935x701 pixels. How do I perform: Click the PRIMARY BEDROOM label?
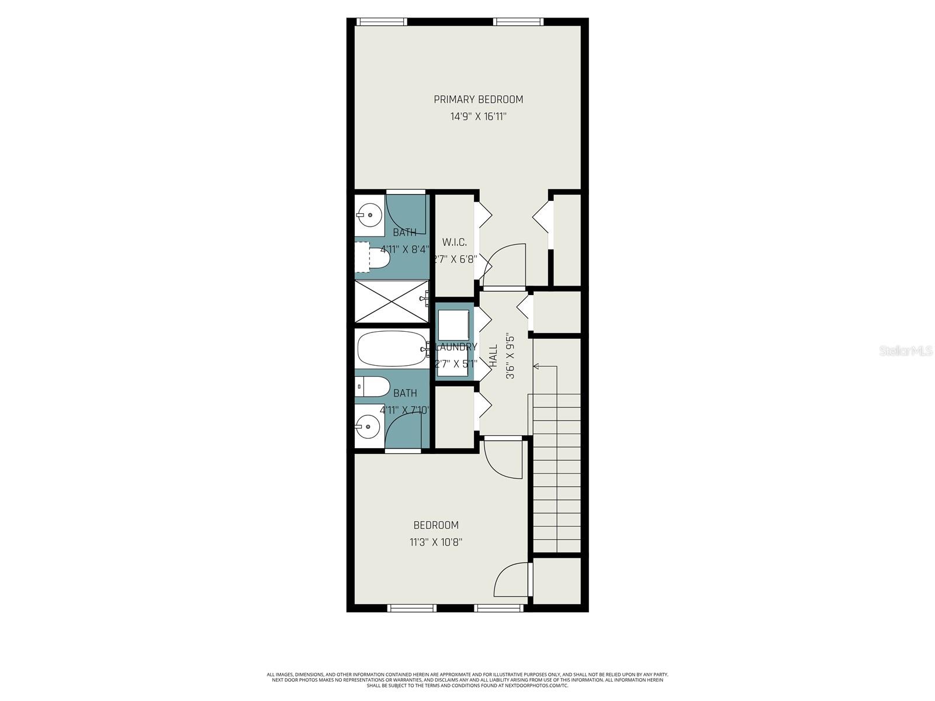coord(478,99)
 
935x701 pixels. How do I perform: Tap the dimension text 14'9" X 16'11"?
coord(478,117)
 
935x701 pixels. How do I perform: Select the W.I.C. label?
coord(454,242)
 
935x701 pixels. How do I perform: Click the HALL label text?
coord(493,355)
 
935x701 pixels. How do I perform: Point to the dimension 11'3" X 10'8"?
coord(436,542)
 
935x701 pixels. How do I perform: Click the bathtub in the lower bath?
coord(390,349)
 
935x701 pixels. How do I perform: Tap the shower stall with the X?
coord(392,301)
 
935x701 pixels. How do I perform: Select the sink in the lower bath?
coord(368,427)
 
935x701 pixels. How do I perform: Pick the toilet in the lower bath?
coord(374,386)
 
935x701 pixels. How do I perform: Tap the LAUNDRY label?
coord(456,347)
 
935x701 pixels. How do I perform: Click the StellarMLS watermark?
coord(906,351)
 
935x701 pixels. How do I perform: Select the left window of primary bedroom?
coord(382,22)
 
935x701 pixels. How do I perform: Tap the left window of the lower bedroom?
coord(413,608)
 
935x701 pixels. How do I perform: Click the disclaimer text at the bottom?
coord(467,680)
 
